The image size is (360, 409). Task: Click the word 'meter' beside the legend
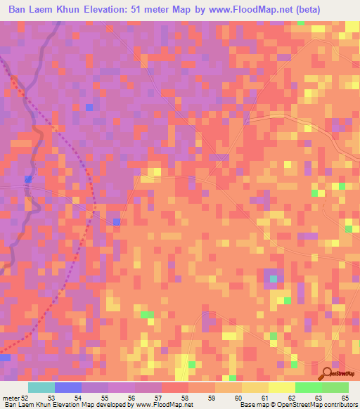9,398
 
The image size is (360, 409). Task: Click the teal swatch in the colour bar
41,387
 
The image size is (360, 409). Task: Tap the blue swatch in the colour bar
68,387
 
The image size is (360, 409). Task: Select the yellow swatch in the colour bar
281,387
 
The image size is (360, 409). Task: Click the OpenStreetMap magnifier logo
327,374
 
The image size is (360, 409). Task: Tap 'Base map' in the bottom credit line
253,405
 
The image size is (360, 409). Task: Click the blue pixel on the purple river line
28,179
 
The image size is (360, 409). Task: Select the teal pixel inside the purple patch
273,279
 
